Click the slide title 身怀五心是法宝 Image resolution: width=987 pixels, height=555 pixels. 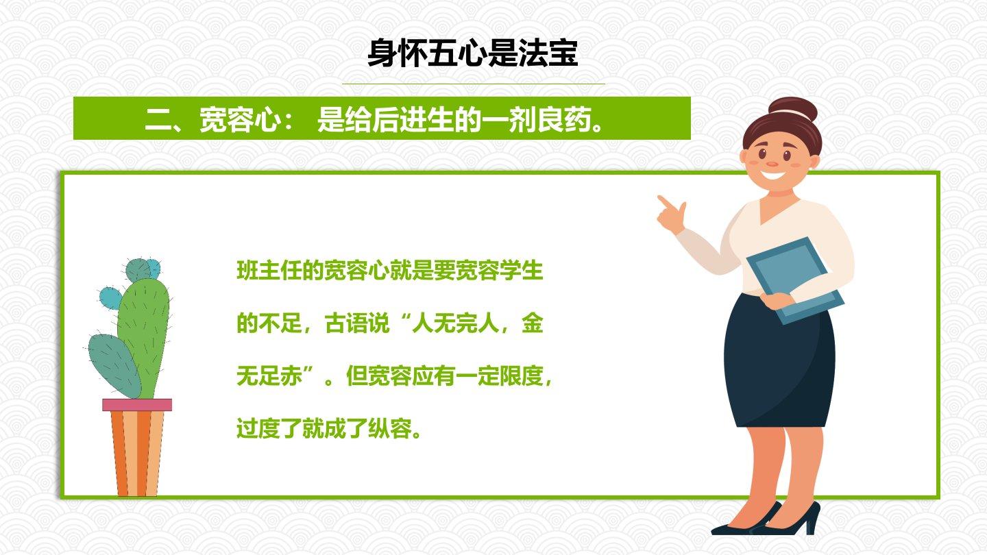(x=472, y=53)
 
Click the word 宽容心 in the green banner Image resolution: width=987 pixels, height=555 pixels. (x=241, y=119)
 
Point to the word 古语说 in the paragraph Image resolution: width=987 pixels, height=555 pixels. (x=357, y=323)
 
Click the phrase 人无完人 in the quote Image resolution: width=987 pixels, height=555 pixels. (x=455, y=323)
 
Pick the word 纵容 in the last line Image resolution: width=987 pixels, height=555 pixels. (x=389, y=428)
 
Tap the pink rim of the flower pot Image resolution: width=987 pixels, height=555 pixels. (x=137, y=405)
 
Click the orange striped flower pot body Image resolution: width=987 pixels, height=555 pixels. (x=137, y=454)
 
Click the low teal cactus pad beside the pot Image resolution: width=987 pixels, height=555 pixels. (x=114, y=366)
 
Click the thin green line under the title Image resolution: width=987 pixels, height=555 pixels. (x=474, y=84)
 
